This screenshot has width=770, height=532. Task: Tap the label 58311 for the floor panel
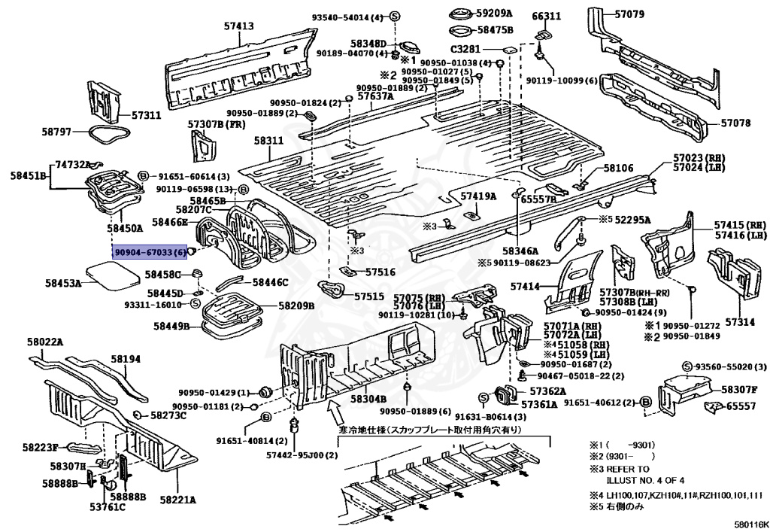coord(268,141)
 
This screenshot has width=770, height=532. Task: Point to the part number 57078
coord(735,123)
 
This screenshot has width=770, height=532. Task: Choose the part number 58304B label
coord(368,399)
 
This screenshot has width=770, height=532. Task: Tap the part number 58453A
coord(62,284)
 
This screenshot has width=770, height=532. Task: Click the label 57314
coord(739,322)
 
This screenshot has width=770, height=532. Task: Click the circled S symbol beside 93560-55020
coord(687,366)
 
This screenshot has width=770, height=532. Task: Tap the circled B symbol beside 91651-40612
coord(645,403)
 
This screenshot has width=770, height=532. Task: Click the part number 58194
coord(126,360)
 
